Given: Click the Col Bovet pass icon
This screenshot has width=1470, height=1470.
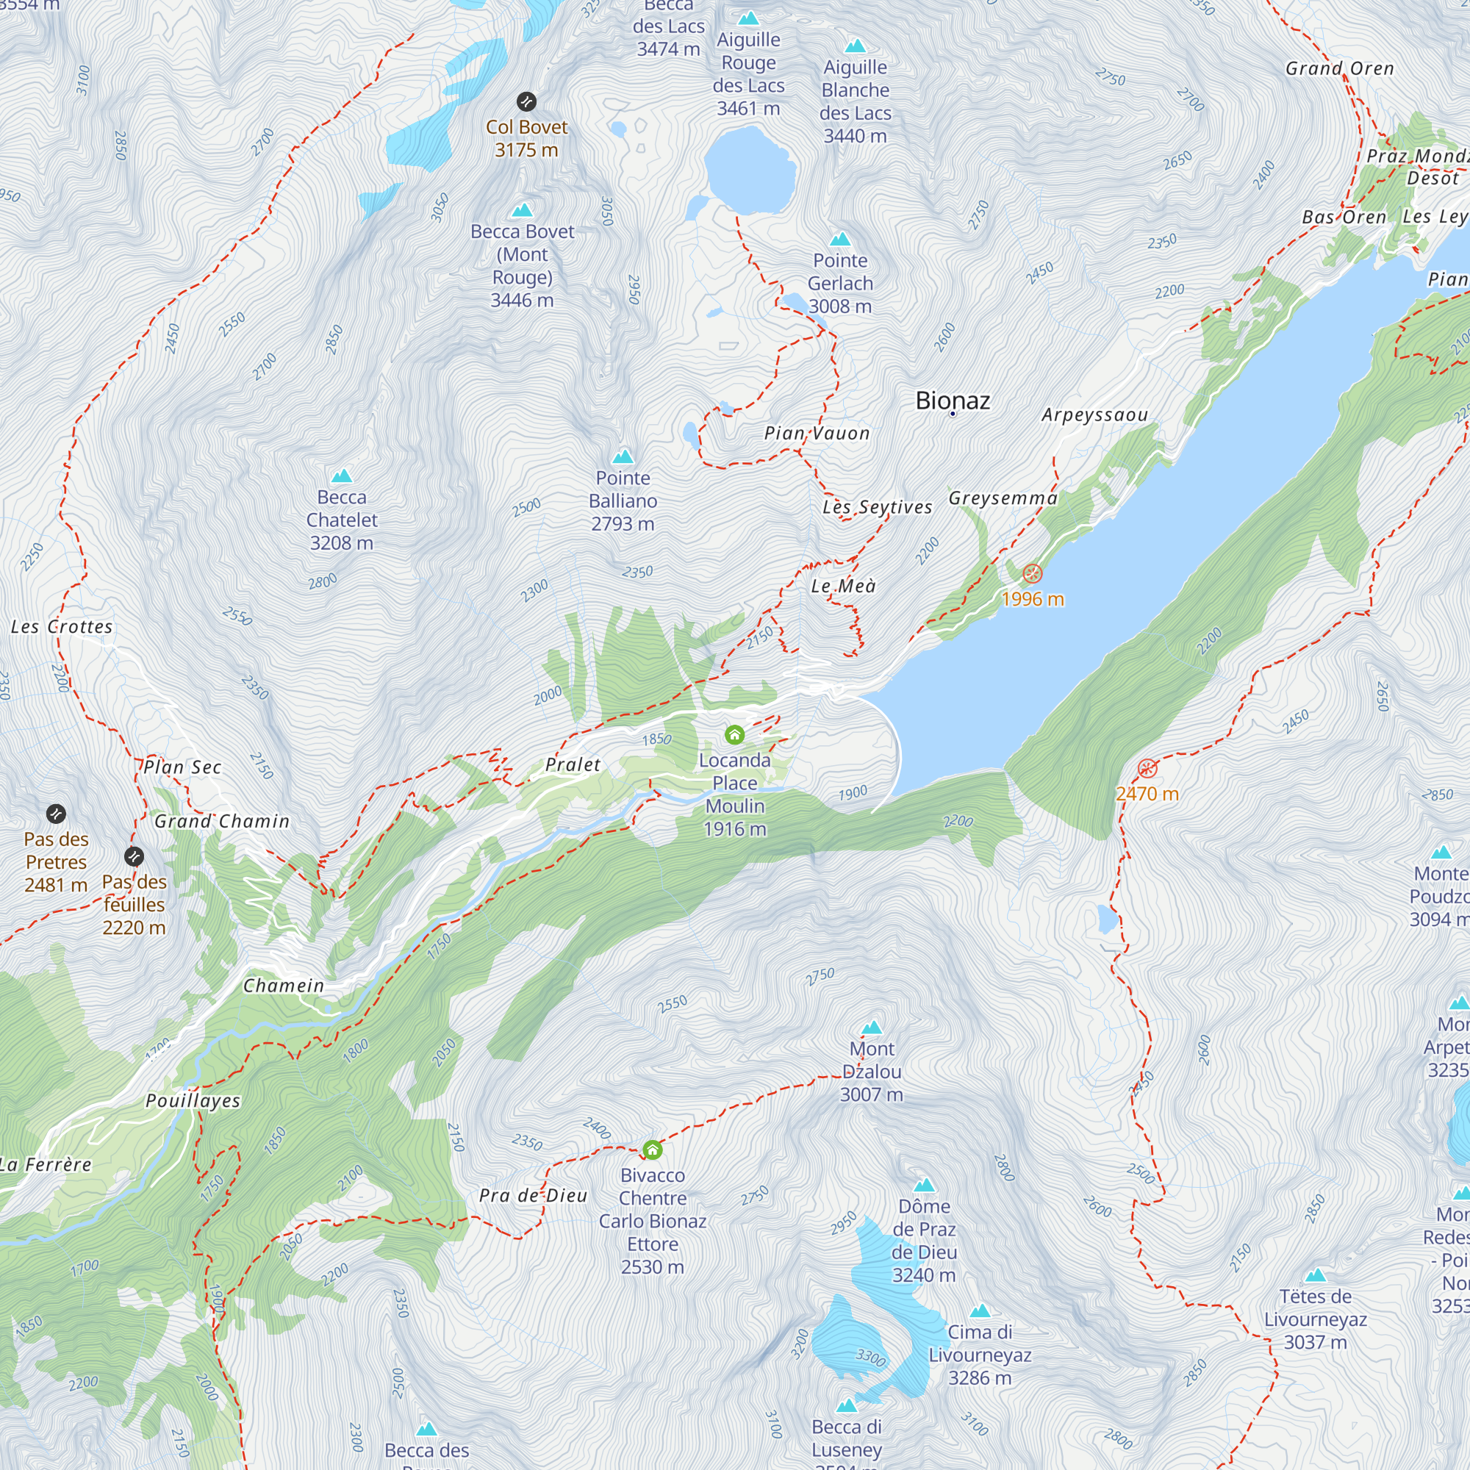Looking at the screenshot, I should click(526, 101).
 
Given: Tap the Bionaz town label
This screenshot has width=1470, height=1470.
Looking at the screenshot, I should click(953, 401).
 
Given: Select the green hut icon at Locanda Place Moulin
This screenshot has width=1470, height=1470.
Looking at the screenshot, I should click(734, 734).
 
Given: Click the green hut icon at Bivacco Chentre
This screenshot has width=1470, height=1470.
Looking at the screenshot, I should click(652, 1150).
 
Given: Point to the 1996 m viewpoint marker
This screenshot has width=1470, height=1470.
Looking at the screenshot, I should click(1032, 573).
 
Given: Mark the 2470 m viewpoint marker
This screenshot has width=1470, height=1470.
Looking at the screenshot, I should click(1147, 768).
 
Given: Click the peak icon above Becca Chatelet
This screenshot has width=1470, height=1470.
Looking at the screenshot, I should click(342, 476).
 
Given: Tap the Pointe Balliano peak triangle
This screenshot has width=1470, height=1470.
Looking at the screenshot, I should click(623, 456).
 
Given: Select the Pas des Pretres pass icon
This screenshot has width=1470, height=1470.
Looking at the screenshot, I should click(56, 814).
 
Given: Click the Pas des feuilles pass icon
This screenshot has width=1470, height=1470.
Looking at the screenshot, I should click(134, 856).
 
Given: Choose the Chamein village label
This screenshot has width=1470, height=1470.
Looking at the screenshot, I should click(284, 986).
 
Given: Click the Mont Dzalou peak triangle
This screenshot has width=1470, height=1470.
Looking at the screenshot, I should click(871, 1028).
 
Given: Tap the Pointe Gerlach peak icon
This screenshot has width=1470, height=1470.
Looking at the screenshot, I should click(840, 240).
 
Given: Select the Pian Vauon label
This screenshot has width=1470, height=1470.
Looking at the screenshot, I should click(817, 434).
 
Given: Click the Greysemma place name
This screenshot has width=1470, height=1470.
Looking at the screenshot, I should click(1003, 498).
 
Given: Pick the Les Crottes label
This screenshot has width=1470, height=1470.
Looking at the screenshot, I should click(62, 627).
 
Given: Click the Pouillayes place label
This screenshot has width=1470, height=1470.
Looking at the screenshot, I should click(193, 1101).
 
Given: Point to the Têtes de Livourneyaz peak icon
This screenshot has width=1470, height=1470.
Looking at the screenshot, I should click(1316, 1276).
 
